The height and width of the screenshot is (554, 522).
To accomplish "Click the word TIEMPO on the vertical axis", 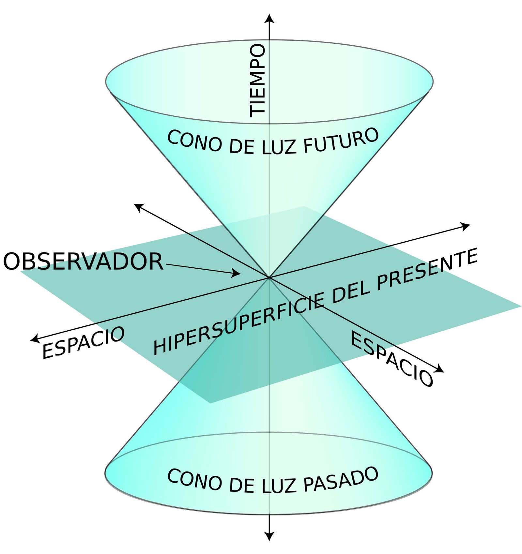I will point(257,81).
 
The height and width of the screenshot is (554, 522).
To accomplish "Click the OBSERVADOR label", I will point(83,262).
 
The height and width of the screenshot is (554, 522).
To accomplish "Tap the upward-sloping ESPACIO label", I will point(84,342).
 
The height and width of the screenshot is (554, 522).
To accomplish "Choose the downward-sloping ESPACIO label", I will point(391,359).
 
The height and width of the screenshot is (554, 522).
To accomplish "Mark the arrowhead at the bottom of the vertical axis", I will point(269,536).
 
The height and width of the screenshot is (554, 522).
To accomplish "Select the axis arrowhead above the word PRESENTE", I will point(466,226).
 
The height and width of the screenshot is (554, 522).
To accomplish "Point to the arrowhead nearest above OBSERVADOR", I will point(139,207).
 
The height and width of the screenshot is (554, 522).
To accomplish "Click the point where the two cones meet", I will point(269,277).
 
